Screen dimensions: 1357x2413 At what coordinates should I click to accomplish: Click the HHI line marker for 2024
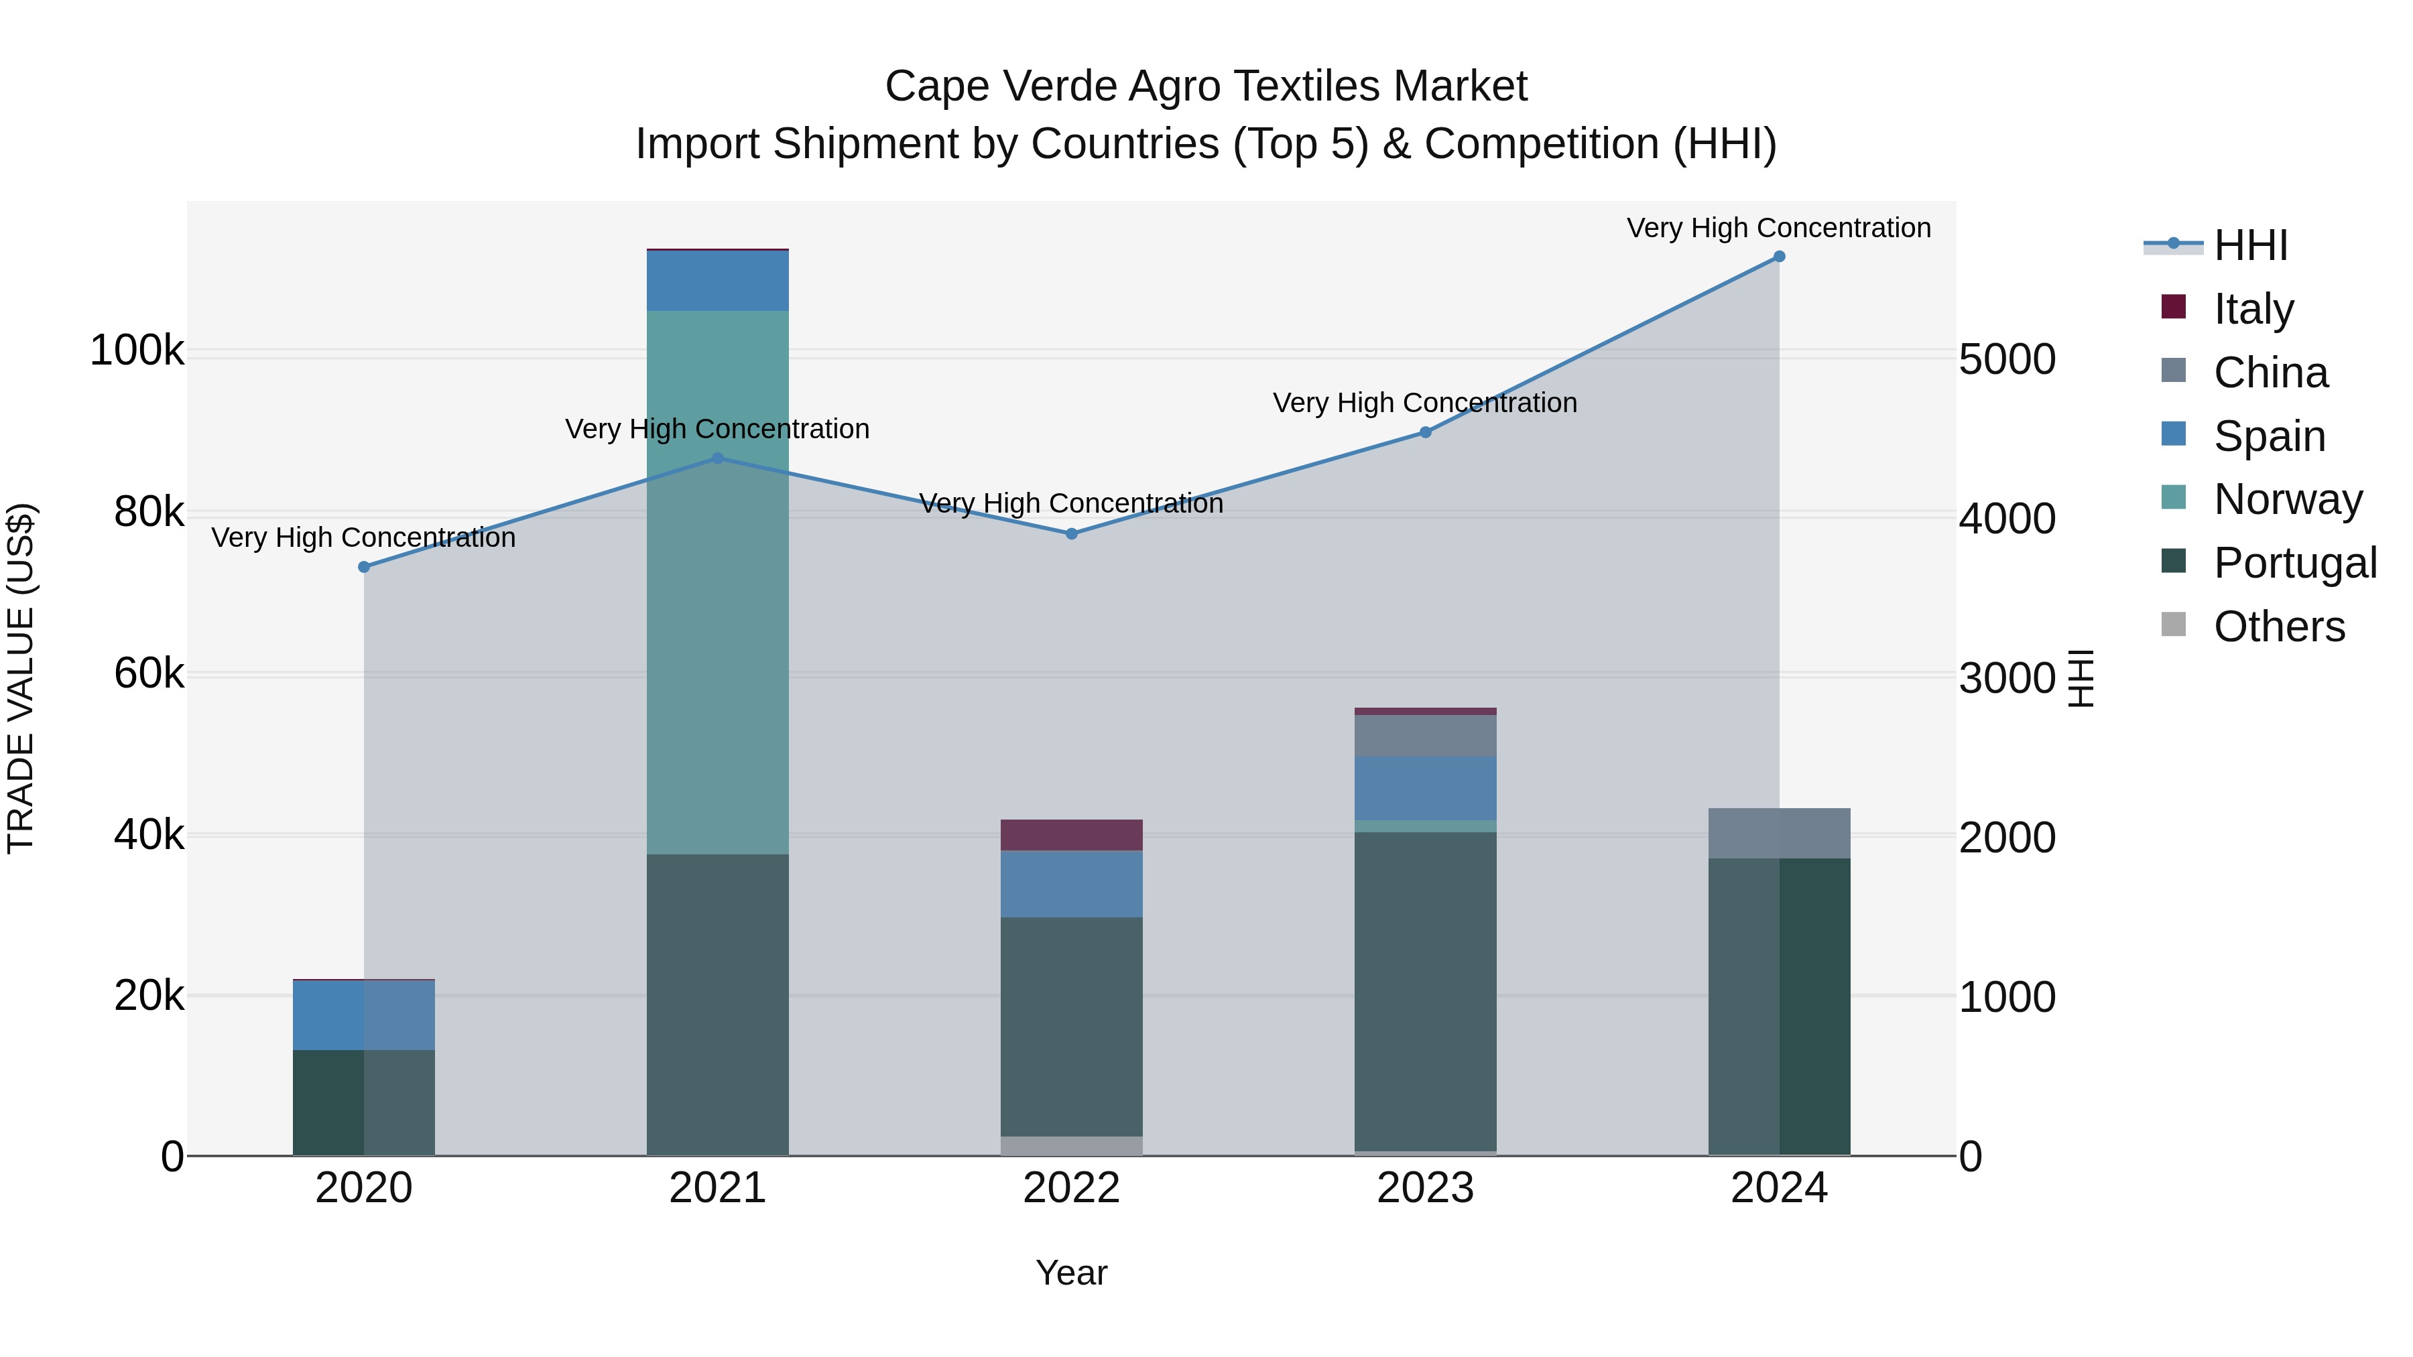[x=1779, y=257]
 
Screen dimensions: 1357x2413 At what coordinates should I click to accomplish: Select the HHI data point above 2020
[x=365, y=566]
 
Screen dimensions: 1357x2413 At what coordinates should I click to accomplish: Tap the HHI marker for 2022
[x=1072, y=534]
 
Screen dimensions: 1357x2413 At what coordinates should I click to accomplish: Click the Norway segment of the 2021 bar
[x=717, y=580]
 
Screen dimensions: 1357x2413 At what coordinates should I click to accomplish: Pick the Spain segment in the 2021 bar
[x=717, y=281]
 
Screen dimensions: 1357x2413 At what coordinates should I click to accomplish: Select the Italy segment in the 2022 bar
[x=1072, y=834]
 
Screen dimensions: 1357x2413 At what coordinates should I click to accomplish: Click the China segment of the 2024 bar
[x=1779, y=832]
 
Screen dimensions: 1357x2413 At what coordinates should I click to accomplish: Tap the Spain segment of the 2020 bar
[x=365, y=1015]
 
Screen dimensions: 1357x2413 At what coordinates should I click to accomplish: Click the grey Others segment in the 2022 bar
[x=1072, y=1145]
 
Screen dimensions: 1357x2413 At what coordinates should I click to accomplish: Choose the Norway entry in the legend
[x=2288, y=499]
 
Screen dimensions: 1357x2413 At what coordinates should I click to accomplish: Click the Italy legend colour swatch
[x=2173, y=307]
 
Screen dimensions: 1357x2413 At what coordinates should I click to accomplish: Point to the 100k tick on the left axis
[x=137, y=351]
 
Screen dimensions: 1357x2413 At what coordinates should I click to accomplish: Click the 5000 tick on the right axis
[x=2006, y=360]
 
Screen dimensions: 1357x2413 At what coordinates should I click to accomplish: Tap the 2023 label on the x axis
[x=1425, y=1188]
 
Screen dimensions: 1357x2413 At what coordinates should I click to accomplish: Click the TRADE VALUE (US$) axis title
[x=21, y=678]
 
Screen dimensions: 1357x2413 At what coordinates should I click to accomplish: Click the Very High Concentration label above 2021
[x=717, y=429]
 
